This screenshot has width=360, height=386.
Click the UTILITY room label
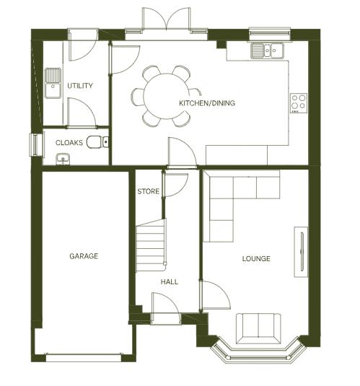[79, 86]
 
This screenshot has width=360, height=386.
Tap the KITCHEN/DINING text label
[207, 103]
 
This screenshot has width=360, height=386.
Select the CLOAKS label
[69, 143]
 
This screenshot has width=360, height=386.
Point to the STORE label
[149, 191]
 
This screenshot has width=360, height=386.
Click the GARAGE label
[84, 256]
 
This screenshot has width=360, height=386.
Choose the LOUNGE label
[256, 258]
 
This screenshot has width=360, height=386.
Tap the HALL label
[170, 282]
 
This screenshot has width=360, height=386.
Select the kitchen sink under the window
[267, 51]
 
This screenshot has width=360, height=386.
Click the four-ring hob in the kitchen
[299, 102]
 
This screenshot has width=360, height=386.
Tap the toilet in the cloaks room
[96, 143]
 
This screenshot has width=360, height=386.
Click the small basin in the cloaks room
[63, 159]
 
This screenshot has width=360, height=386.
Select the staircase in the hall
[151, 245]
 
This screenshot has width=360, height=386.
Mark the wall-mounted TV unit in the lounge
[301, 251]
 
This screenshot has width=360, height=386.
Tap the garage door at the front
[84, 355]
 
